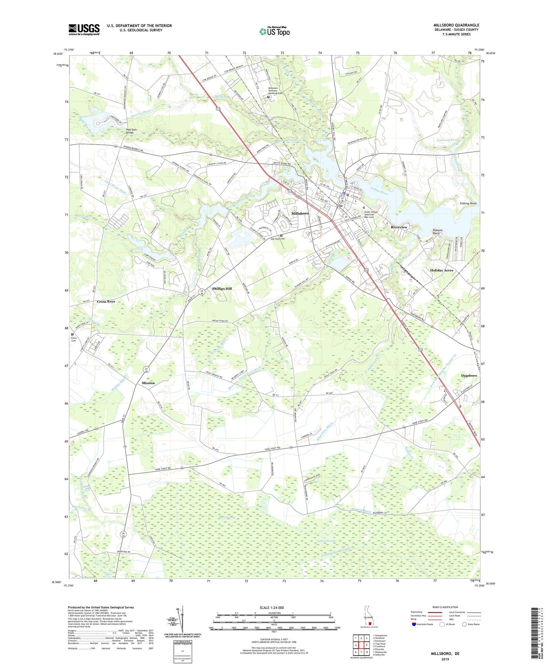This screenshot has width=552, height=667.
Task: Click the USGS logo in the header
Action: [84, 29]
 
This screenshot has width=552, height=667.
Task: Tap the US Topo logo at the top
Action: [274, 31]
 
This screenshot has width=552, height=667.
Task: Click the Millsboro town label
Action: [300, 213]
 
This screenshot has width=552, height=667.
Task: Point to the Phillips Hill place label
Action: [222, 289]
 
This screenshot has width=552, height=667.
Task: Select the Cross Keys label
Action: [106, 301]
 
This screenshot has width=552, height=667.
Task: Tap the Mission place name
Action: [148, 383]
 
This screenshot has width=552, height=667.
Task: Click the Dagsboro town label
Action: [469, 376]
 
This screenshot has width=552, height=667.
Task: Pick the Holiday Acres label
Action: [442, 270]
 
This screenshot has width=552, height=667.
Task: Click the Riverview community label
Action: [399, 227]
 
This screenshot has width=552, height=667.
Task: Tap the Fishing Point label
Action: [468, 204]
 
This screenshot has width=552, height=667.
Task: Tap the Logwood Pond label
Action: [447, 140]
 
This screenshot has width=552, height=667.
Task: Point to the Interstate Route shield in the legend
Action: [414, 624]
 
